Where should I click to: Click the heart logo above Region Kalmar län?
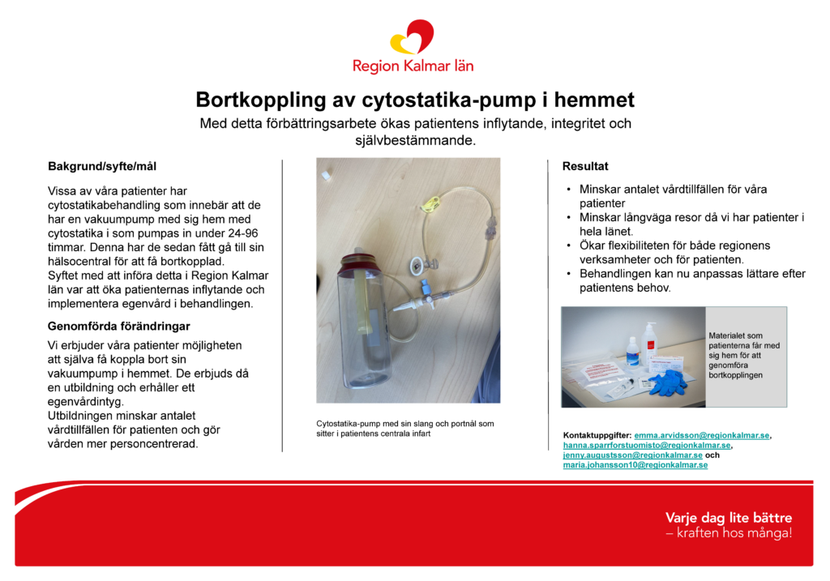point(413,37)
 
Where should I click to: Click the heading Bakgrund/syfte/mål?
point(102,166)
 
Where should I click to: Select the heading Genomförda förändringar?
point(118,326)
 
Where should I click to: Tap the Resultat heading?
point(585,166)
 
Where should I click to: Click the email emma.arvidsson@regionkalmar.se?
point(701,435)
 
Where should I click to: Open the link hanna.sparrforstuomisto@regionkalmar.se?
point(646,446)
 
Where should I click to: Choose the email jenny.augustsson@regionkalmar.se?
point(632,455)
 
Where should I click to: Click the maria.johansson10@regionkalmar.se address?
point(635,465)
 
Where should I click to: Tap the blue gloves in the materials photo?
point(669,382)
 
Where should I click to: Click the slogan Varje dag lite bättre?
point(729,518)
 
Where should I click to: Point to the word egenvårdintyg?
point(85,402)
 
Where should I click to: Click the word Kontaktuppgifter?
point(597,435)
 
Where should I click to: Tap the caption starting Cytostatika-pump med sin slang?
point(405,429)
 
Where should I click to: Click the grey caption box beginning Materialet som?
point(746,356)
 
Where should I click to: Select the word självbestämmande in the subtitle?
point(416,140)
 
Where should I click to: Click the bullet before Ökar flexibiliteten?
point(568,246)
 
